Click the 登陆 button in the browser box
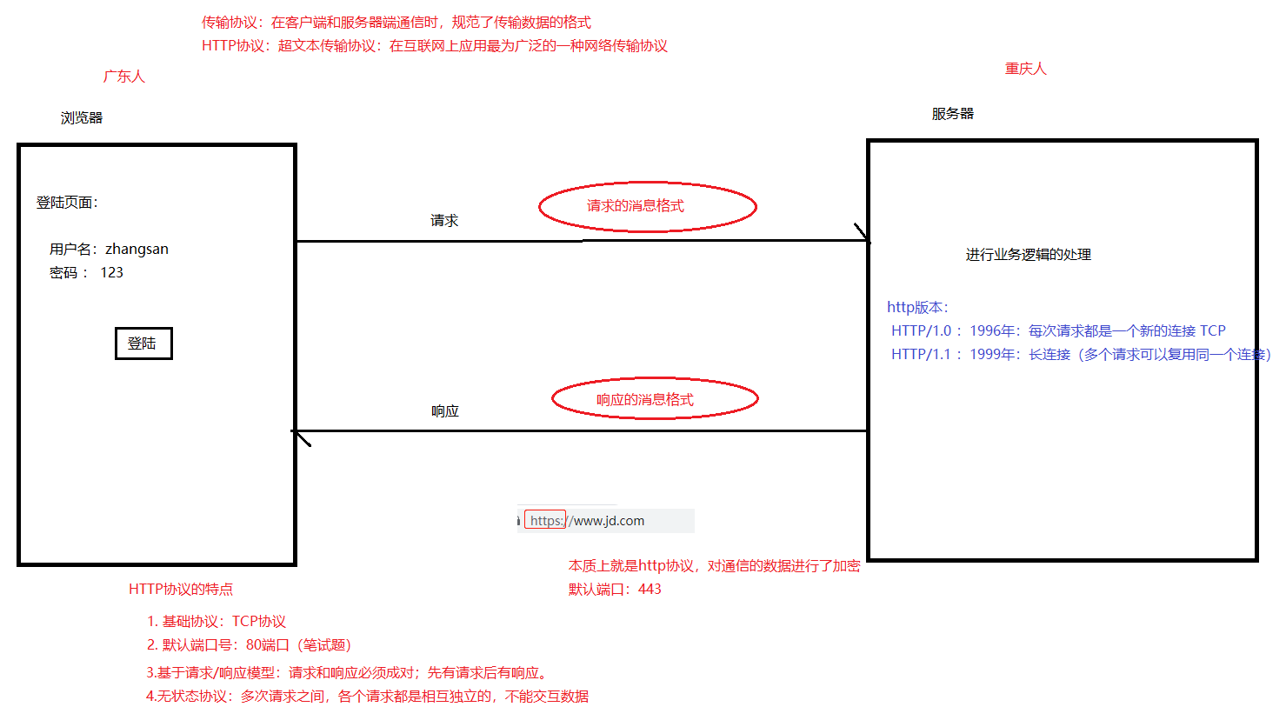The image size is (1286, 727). pyautogui.click(x=143, y=343)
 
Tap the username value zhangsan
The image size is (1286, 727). pyautogui.click(x=137, y=249)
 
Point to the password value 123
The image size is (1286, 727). pyautogui.click(x=111, y=272)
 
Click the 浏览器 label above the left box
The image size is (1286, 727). pyautogui.click(x=82, y=117)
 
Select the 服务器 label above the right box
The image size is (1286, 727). pyautogui.click(x=952, y=114)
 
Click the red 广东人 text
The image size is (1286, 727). pyautogui.click(x=124, y=77)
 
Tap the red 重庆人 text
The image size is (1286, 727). pyautogui.click(x=1026, y=69)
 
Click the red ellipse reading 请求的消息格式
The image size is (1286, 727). pyautogui.click(x=647, y=207)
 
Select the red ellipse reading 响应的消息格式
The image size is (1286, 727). pyautogui.click(x=654, y=399)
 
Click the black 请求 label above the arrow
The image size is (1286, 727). pyautogui.click(x=444, y=221)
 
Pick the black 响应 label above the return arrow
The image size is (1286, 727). pyautogui.click(x=445, y=410)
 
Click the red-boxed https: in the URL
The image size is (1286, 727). pyautogui.click(x=546, y=521)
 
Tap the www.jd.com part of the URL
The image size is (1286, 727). pyautogui.click(x=609, y=521)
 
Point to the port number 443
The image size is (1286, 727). pyautogui.click(x=650, y=590)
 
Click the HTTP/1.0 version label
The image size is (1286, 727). pyautogui.click(x=921, y=331)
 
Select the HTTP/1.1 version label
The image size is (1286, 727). pyautogui.click(x=921, y=355)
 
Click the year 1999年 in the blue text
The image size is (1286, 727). pyautogui.click(x=994, y=355)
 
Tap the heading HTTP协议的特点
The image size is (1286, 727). pyautogui.click(x=181, y=590)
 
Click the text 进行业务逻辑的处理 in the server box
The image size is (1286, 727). pyautogui.click(x=1028, y=255)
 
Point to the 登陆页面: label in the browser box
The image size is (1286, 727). pyautogui.click(x=67, y=203)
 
